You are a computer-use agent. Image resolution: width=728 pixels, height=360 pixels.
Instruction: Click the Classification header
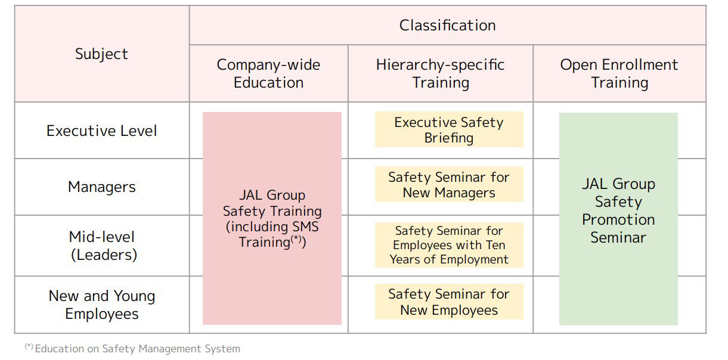click(x=448, y=26)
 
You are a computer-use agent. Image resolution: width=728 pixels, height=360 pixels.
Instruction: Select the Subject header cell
click(x=102, y=54)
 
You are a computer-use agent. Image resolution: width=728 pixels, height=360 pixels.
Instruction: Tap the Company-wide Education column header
click(x=268, y=73)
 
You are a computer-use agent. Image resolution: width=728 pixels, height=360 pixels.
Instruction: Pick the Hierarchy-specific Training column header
click(x=441, y=73)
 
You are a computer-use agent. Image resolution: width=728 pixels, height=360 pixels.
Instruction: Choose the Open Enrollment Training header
click(x=619, y=73)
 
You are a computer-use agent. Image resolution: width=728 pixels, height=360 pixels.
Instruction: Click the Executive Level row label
click(x=102, y=131)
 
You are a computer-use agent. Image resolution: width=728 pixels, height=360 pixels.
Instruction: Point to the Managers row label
click(x=102, y=187)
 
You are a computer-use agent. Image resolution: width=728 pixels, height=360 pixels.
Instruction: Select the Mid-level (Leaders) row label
click(x=103, y=246)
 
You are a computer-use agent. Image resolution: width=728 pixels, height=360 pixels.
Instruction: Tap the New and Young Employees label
click(x=102, y=305)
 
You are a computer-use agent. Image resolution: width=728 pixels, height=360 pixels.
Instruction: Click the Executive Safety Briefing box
click(x=449, y=130)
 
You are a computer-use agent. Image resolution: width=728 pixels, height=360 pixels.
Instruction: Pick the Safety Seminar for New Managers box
click(x=449, y=185)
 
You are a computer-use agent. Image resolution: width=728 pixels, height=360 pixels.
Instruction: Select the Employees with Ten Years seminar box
click(x=449, y=245)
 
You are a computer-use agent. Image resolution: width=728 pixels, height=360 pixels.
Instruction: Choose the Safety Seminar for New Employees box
click(x=449, y=302)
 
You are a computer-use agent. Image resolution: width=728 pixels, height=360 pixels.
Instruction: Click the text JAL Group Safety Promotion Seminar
click(x=618, y=210)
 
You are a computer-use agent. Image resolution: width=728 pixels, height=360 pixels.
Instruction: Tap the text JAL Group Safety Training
click(x=272, y=203)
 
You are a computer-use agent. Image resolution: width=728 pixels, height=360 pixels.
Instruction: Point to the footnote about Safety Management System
click(x=132, y=348)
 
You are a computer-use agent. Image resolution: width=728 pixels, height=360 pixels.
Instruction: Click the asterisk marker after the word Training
click(x=296, y=239)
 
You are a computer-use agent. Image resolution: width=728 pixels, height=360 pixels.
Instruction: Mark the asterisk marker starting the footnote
click(x=29, y=346)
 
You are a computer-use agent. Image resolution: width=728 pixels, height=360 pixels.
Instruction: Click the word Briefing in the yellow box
click(x=449, y=138)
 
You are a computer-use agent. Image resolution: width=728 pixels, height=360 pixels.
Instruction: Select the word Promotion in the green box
click(x=618, y=220)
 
